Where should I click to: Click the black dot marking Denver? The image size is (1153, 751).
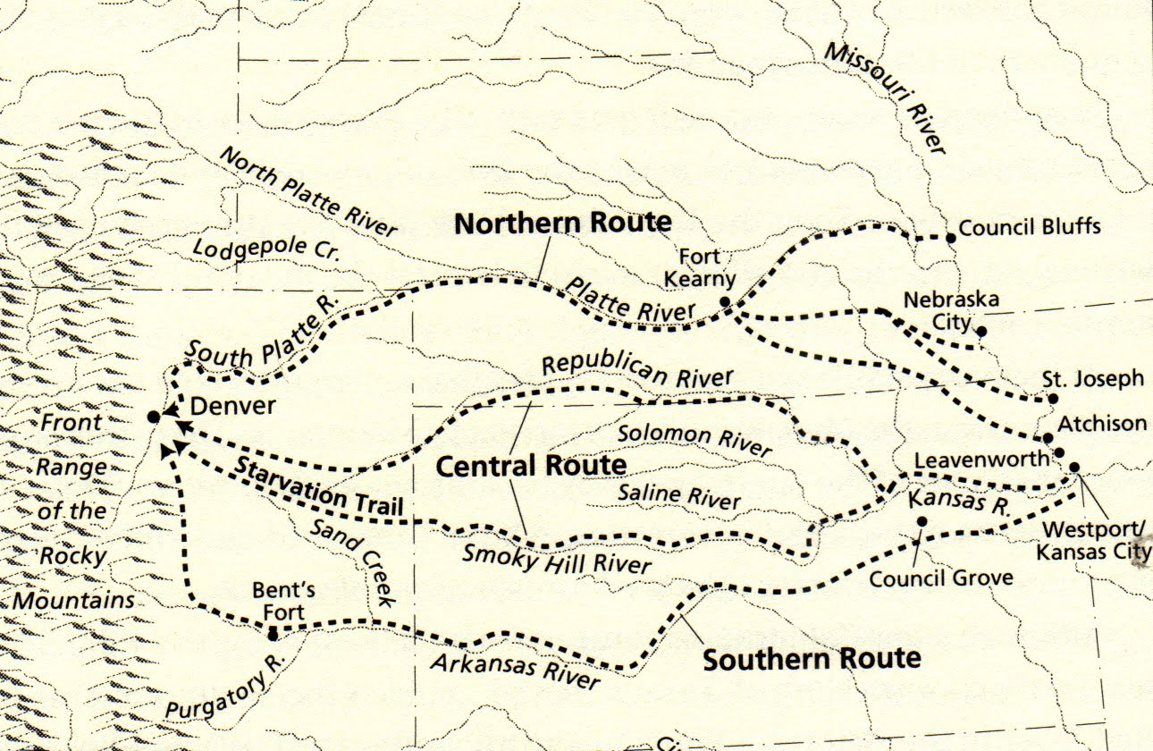point(154,417)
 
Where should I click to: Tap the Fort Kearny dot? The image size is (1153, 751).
point(725,302)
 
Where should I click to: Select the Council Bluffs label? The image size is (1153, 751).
point(1030,226)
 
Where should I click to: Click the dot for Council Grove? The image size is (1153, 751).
point(922,521)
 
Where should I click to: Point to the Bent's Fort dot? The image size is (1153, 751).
point(273,634)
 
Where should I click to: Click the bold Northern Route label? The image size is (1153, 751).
point(562,223)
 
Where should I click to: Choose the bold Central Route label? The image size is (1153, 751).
point(531,466)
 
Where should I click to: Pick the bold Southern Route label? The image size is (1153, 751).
point(811,660)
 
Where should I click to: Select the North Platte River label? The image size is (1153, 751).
point(307,192)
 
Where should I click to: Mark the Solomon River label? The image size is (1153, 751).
point(694,439)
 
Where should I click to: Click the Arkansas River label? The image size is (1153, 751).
point(514,671)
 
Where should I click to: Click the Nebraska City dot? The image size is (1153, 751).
point(981,332)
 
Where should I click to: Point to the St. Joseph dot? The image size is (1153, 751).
point(1053,399)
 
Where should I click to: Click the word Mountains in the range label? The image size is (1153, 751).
point(73,600)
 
